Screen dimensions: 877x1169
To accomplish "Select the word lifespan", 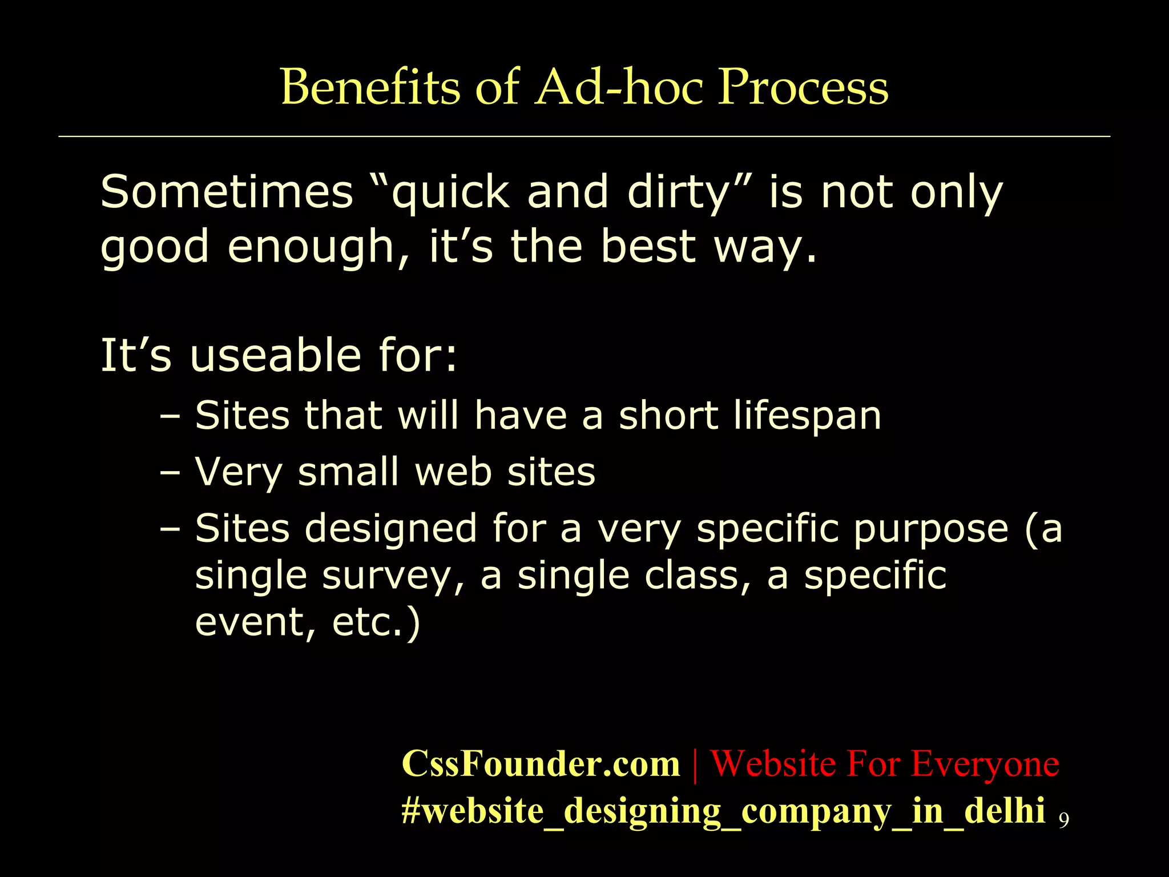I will tap(807, 416).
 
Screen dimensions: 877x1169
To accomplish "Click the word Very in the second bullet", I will tap(239, 473).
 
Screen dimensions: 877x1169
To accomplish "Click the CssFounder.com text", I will tap(541, 763).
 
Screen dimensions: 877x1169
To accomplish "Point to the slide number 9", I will tap(1063, 820).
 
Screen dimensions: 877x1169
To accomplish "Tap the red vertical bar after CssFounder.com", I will tap(695, 763).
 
